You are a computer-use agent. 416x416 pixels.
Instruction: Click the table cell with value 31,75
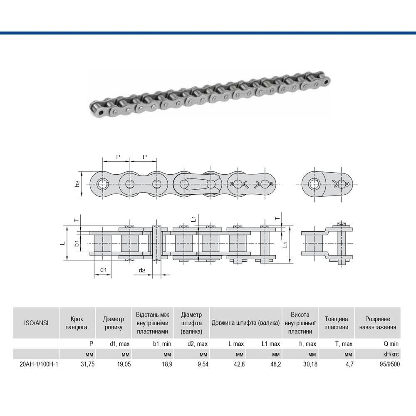(x=87, y=364)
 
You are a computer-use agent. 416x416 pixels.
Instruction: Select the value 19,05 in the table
(x=124, y=364)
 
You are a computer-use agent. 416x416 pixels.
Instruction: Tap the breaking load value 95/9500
(x=389, y=364)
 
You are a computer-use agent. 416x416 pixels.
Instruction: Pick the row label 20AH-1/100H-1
(x=39, y=364)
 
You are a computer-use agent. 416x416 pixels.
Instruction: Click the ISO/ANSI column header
(x=36, y=323)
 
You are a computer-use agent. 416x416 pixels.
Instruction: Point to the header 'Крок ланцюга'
(x=76, y=323)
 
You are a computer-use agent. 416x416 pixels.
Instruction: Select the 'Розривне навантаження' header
(x=378, y=323)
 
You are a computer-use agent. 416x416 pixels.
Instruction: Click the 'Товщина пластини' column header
(x=336, y=323)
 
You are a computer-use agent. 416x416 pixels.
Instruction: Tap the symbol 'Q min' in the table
(x=391, y=344)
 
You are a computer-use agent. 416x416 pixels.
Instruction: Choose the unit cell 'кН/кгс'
(x=391, y=354)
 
